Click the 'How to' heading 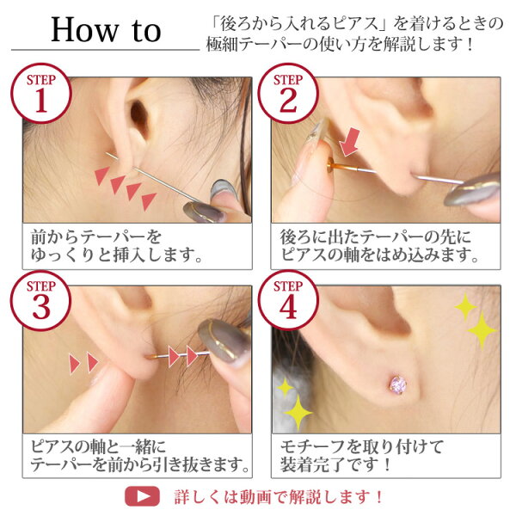[x=106, y=30]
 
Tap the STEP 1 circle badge [x=41, y=93]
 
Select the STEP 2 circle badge [x=288, y=93]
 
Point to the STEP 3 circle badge [x=41, y=300]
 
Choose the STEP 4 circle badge [x=288, y=300]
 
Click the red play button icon [x=142, y=496]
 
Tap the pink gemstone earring [x=398, y=384]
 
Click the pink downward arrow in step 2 [x=350, y=142]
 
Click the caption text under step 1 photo [x=116, y=246]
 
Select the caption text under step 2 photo [x=379, y=246]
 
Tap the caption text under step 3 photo [x=139, y=456]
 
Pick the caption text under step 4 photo [x=361, y=456]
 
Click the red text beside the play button [x=279, y=497]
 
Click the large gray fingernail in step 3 [x=224, y=340]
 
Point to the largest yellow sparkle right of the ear [x=482, y=330]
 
